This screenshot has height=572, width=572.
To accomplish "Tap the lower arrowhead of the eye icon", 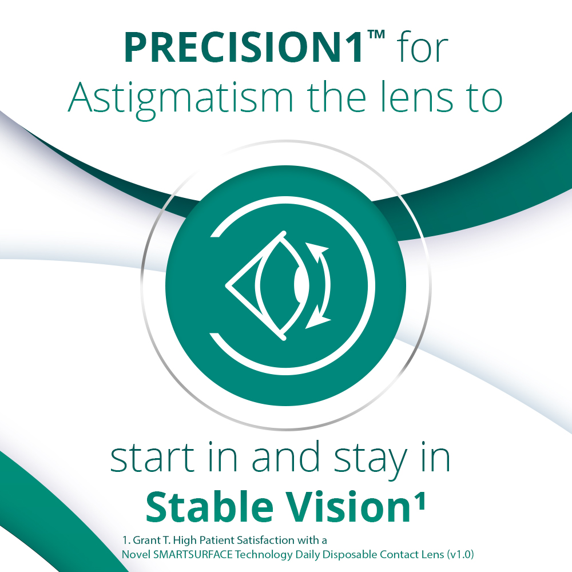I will click(x=315, y=321).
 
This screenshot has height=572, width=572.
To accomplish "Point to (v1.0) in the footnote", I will click(x=461, y=554).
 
